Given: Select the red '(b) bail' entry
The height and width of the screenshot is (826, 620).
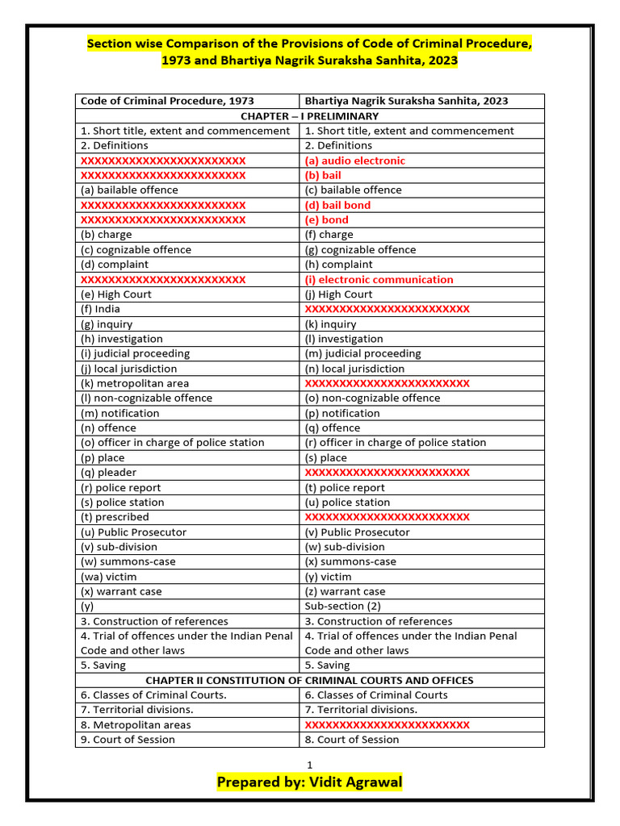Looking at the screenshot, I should pyautogui.click(x=323, y=175).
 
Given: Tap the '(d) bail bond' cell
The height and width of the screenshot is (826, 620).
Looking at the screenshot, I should pyautogui.click(x=337, y=205).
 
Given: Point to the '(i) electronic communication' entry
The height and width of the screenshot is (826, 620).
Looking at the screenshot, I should pyautogui.click(x=379, y=279).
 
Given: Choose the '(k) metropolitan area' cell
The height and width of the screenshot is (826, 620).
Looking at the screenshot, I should pyautogui.click(x=134, y=383).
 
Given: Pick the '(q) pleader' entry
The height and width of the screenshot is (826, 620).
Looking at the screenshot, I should pyautogui.click(x=108, y=473).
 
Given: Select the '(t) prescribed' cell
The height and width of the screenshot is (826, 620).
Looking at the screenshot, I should pyautogui.click(x=115, y=517).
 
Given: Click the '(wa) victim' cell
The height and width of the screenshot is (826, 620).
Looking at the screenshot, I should pyautogui.click(x=108, y=577).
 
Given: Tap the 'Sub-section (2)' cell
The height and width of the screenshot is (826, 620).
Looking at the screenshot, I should pyautogui.click(x=342, y=606).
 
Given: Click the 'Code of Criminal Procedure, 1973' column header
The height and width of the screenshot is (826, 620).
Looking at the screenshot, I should pyautogui.click(x=167, y=101).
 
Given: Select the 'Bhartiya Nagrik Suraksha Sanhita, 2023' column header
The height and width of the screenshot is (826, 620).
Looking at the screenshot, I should pyautogui.click(x=406, y=101).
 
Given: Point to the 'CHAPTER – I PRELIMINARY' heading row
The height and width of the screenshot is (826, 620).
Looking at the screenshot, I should pyautogui.click(x=309, y=116).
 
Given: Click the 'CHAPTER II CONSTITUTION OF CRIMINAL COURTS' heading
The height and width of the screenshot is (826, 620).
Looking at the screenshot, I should pyautogui.click(x=309, y=680).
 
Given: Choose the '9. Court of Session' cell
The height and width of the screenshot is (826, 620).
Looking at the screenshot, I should pyautogui.click(x=128, y=739).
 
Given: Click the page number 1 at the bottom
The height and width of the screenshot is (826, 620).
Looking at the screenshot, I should pyautogui.click(x=309, y=765).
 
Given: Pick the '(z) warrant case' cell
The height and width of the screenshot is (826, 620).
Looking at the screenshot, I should pyautogui.click(x=345, y=591).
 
